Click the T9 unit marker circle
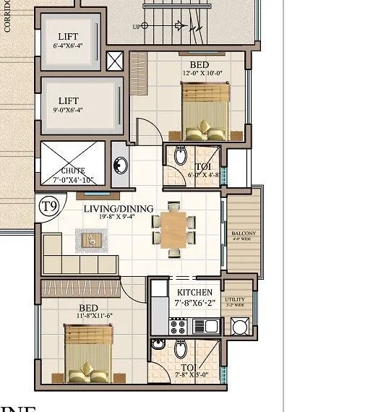[x=48, y=207]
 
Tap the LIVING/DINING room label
[x=118, y=210]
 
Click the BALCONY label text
[x=244, y=233]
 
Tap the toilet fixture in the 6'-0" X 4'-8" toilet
[x=180, y=155]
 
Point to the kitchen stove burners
[x=178, y=327]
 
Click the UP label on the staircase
[x=135, y=26]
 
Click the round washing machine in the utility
[x=239, y=327]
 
